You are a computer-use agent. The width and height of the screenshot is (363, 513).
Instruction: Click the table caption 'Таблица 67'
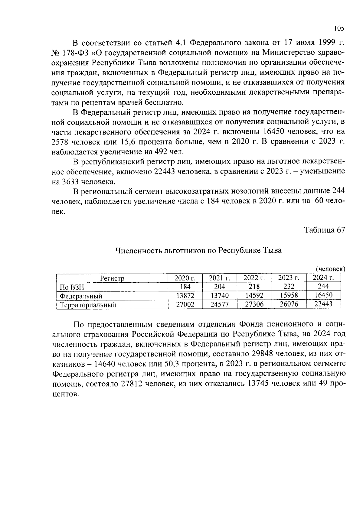(x=324, y=230)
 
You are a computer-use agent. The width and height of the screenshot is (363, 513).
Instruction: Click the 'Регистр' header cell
(x=112, y=278)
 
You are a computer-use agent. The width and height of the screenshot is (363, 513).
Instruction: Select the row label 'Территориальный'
(x=88, y=305)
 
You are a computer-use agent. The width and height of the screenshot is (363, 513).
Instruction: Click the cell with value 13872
(x=185, y=296)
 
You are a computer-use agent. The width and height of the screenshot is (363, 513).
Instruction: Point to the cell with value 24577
(x=220, y=304)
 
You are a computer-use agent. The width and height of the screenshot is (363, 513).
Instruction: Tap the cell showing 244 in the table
(x=323, y=286)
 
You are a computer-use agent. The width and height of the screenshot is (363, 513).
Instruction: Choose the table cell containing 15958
(x=289, y=295)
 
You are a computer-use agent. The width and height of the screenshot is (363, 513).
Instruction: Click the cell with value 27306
(x=254, y=304)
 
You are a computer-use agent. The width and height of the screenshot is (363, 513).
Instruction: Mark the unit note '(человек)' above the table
(x=330, y=269)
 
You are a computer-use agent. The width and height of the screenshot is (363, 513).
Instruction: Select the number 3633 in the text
(x=72, y=182)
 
